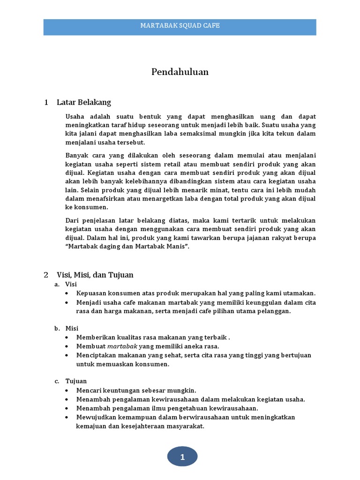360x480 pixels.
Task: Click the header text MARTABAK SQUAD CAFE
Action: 180,26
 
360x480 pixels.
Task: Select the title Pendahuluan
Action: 180,72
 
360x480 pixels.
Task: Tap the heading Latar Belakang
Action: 83,102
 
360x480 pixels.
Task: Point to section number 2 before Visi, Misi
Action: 46,275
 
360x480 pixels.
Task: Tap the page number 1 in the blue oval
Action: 182,457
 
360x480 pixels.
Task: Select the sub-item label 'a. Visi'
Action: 66,285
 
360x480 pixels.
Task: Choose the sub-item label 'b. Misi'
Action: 66,328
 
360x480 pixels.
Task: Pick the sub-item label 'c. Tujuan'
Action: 70,381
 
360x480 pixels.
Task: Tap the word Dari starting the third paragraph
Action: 73,221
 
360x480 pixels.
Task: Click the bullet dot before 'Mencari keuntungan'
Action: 68,390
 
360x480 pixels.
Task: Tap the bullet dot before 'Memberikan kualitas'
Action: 68,337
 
